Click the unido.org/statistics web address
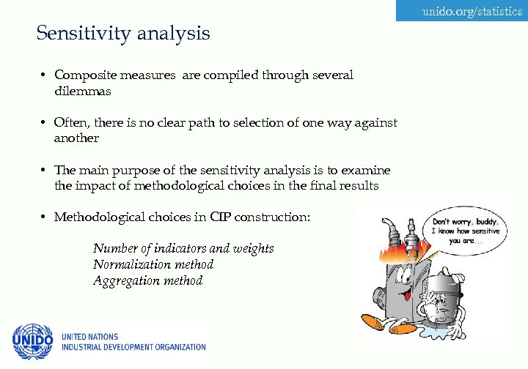(472, 12)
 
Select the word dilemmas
(83, 92)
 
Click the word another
(76, 138)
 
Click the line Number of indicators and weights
(183, 248)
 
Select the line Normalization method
(153, 264)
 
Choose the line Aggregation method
(147, 280)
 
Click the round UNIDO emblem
(32, 342)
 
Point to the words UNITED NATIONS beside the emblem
(89, 337)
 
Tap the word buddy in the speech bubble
(482, 221)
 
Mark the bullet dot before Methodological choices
(45, 217)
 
